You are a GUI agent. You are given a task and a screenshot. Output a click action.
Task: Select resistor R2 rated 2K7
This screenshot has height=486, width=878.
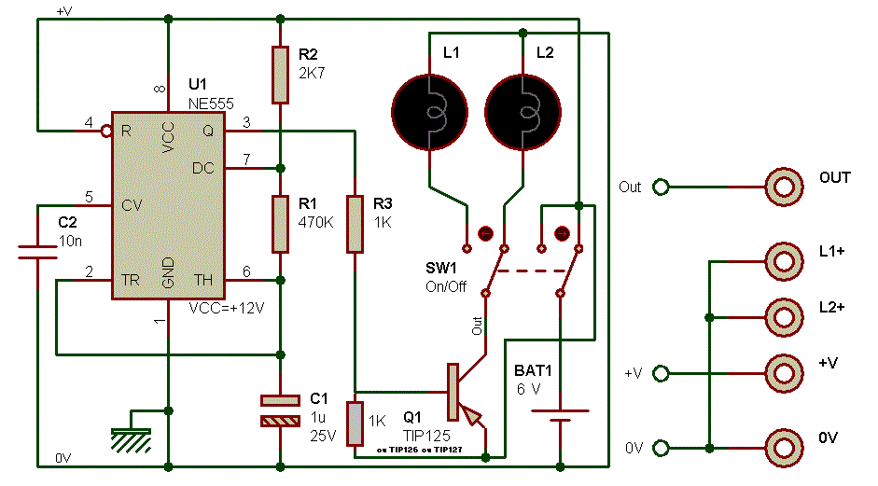279,75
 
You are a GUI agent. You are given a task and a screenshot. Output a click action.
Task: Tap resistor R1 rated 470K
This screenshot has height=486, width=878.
279,224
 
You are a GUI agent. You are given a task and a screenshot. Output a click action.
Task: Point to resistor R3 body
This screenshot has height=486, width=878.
355,224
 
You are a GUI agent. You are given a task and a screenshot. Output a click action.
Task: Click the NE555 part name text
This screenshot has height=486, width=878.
211,104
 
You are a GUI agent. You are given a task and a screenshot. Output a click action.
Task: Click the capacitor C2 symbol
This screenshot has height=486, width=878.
38,250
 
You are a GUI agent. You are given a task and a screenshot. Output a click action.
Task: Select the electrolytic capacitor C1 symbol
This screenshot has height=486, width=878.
279,411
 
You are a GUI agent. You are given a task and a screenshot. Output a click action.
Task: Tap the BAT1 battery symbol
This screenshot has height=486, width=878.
559,414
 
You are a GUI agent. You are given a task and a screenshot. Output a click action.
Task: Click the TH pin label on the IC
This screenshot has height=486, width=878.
203,279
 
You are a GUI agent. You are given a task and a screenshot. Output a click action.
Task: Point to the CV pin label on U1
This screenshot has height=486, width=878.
132,204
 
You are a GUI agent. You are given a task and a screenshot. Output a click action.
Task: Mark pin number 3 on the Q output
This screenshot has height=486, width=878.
246,122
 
